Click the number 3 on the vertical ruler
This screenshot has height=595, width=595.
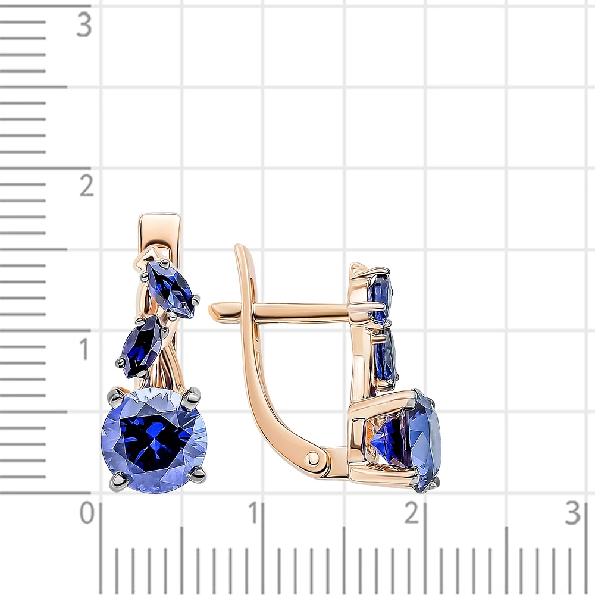[x=84, y=24]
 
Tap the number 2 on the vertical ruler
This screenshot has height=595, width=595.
[x=86, y=186]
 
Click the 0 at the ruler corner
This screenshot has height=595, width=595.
[x=87, y=513]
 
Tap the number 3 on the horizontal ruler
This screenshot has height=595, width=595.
[x=572, y=513]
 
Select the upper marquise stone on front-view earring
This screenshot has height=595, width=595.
[x=171, y=287]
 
